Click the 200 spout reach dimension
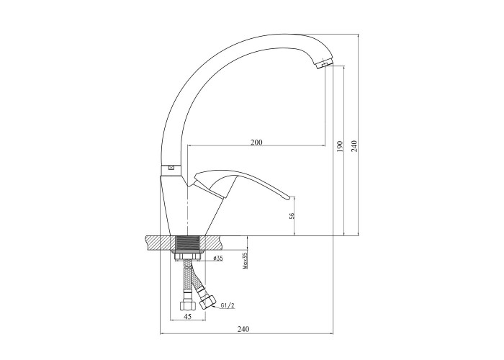coord(256,142)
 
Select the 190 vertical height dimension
coord(341,146)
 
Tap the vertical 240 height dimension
coord(354,146)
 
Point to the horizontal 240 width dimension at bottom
coord(243,329)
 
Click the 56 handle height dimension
coord(292,216)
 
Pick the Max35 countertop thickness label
coord(246,261)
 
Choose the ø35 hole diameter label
coord(218,258)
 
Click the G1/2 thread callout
coord(228,306)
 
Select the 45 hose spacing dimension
coord(188,317)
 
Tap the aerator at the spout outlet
coord(325,64)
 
